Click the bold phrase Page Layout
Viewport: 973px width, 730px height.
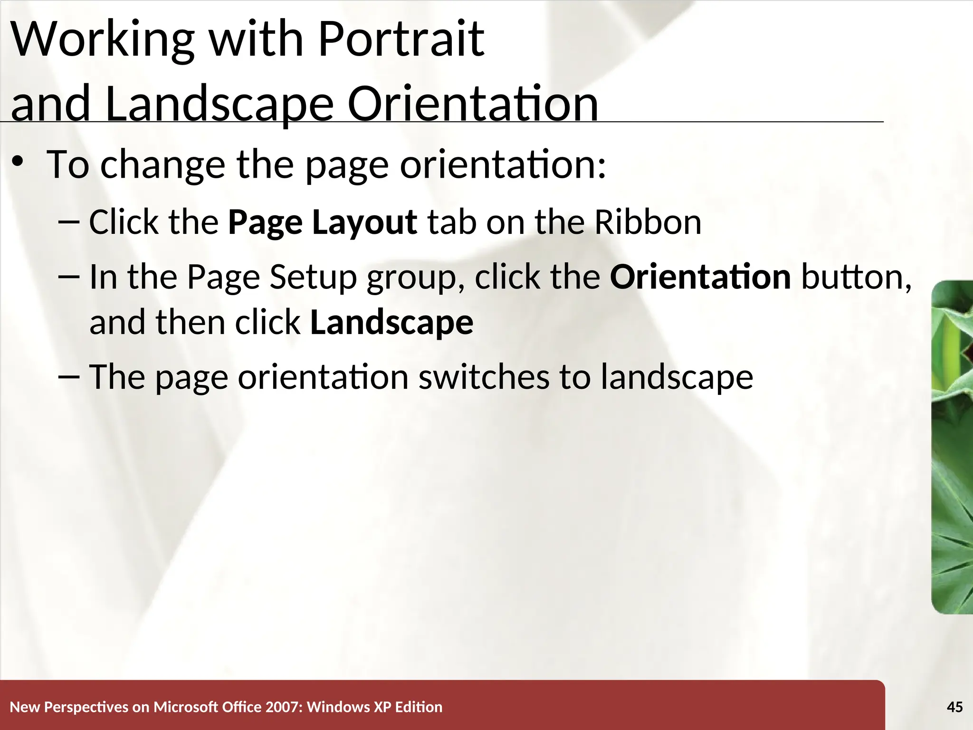tap(322, 222)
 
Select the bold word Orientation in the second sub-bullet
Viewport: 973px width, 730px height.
tap(700, 277)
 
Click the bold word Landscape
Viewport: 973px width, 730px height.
tap(391, 322)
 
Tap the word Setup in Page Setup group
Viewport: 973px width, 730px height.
tap(313, 277)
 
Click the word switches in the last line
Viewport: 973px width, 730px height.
tap(483, 376)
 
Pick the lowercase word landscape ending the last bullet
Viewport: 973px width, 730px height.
tap(677, 376)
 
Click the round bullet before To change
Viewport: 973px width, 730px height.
tap(18, 162)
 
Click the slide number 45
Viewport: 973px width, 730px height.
tap(954, 707)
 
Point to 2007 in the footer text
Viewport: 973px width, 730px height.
tap(282, 707)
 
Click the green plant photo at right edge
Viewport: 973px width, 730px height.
tap(953, 447)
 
